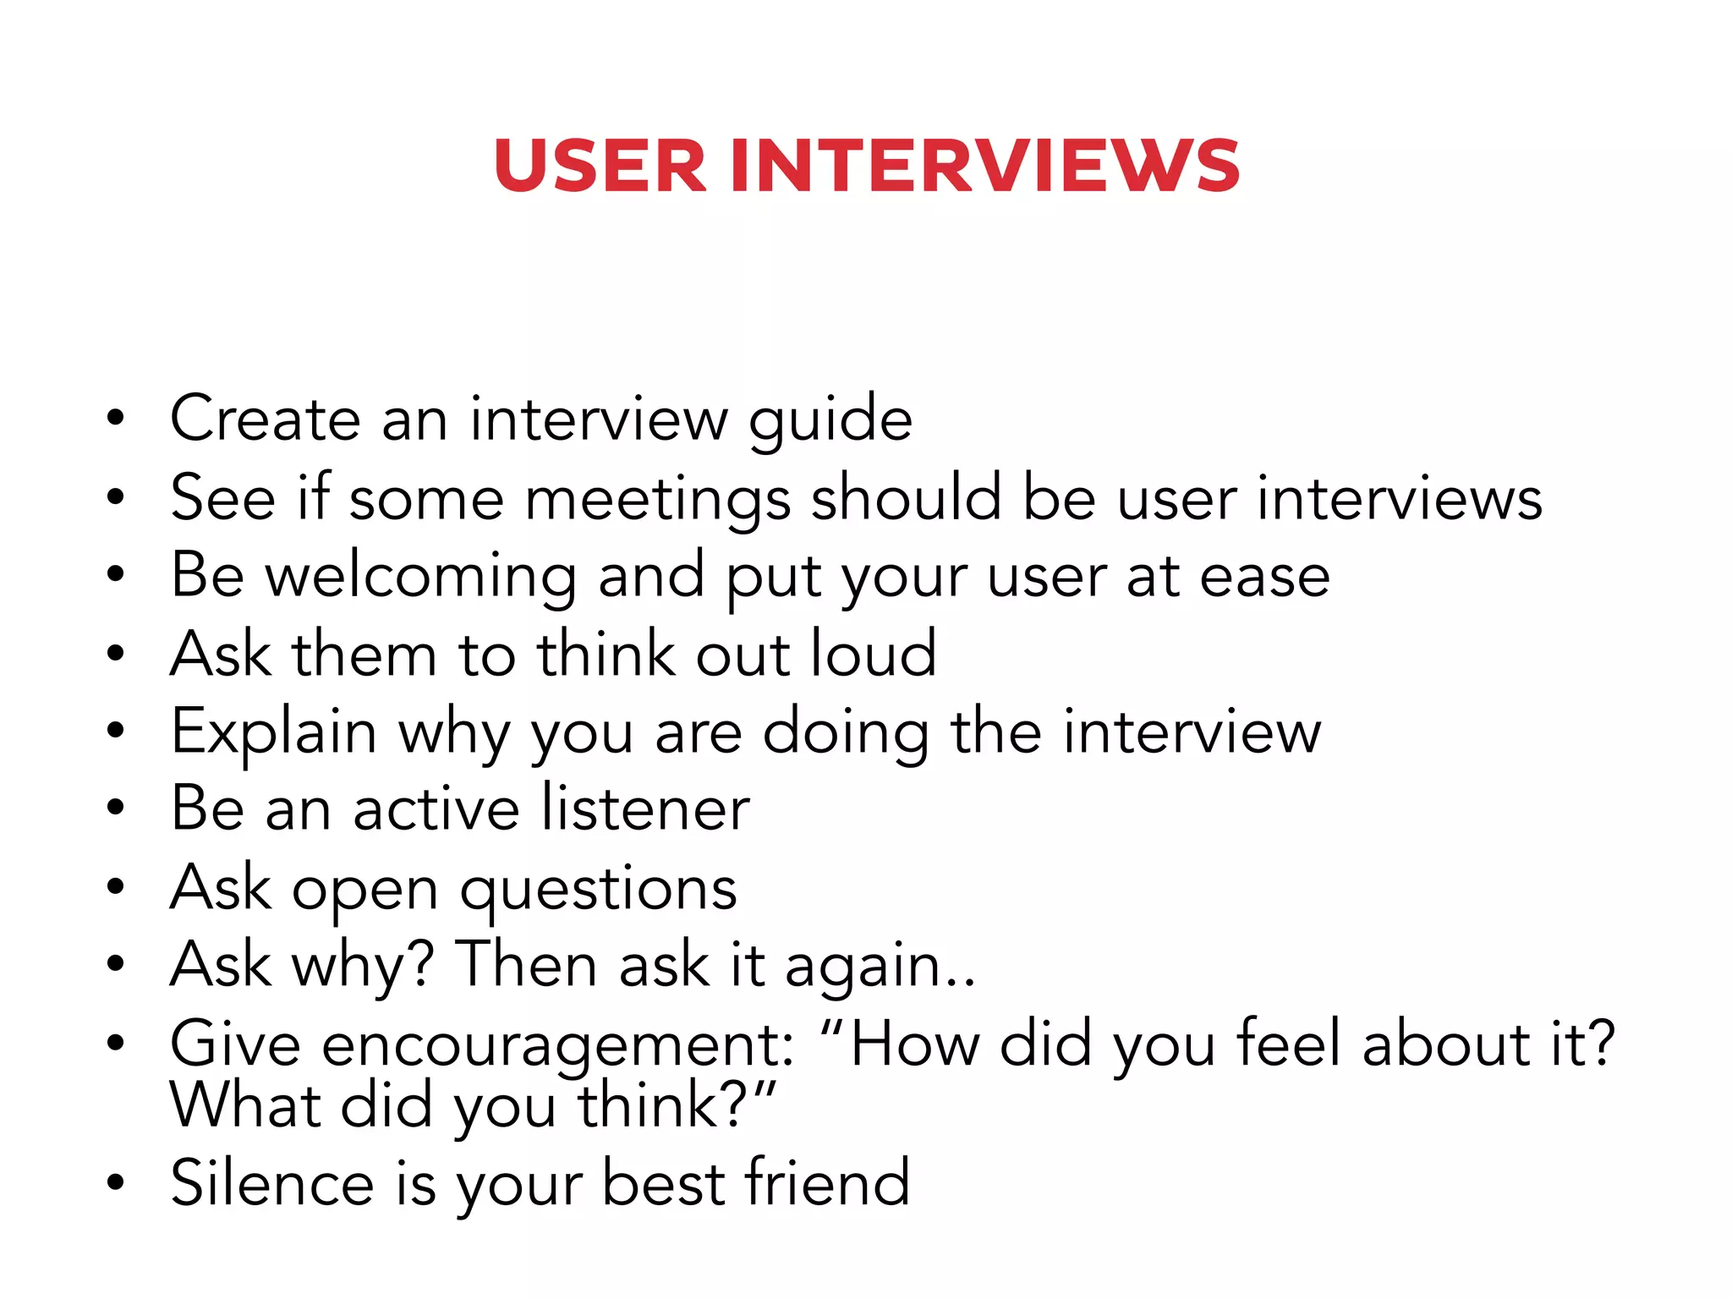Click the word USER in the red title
(600, 166)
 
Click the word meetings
(658, 499)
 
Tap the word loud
(874, 654)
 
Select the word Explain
(273, 732)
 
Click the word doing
(847, 732)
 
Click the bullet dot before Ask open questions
(116, 887)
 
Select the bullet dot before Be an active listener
(116, 808)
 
